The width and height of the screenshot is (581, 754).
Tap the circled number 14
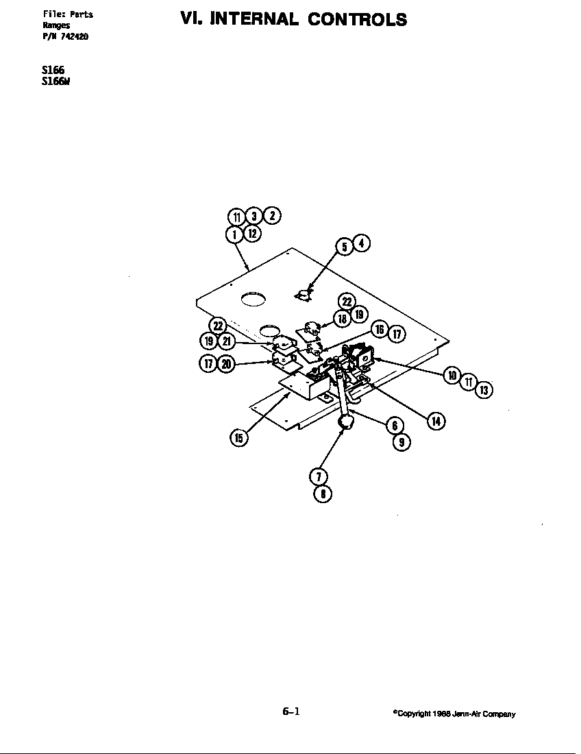[x=436, y=421]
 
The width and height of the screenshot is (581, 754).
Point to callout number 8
[x=321, y=494]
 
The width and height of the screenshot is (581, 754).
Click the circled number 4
[x=362, y=243]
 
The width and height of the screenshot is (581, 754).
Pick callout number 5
[x=345, y=247]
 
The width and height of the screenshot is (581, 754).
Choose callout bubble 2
[x=271, y=215]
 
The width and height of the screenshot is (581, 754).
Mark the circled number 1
[x=234, y=234]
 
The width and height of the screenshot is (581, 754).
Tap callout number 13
[x=484, y=391]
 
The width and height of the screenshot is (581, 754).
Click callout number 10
[x=452, y=375]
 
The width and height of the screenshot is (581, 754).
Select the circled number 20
[x=226, y=364]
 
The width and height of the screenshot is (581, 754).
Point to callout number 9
[x=401, y=443]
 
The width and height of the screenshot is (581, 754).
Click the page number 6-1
[x=290, y=712]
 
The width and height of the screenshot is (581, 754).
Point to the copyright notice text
[x=454, y=714]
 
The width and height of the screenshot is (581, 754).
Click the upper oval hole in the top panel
[x=253, y=299]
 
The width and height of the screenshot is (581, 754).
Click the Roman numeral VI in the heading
[x=190, y=19]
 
